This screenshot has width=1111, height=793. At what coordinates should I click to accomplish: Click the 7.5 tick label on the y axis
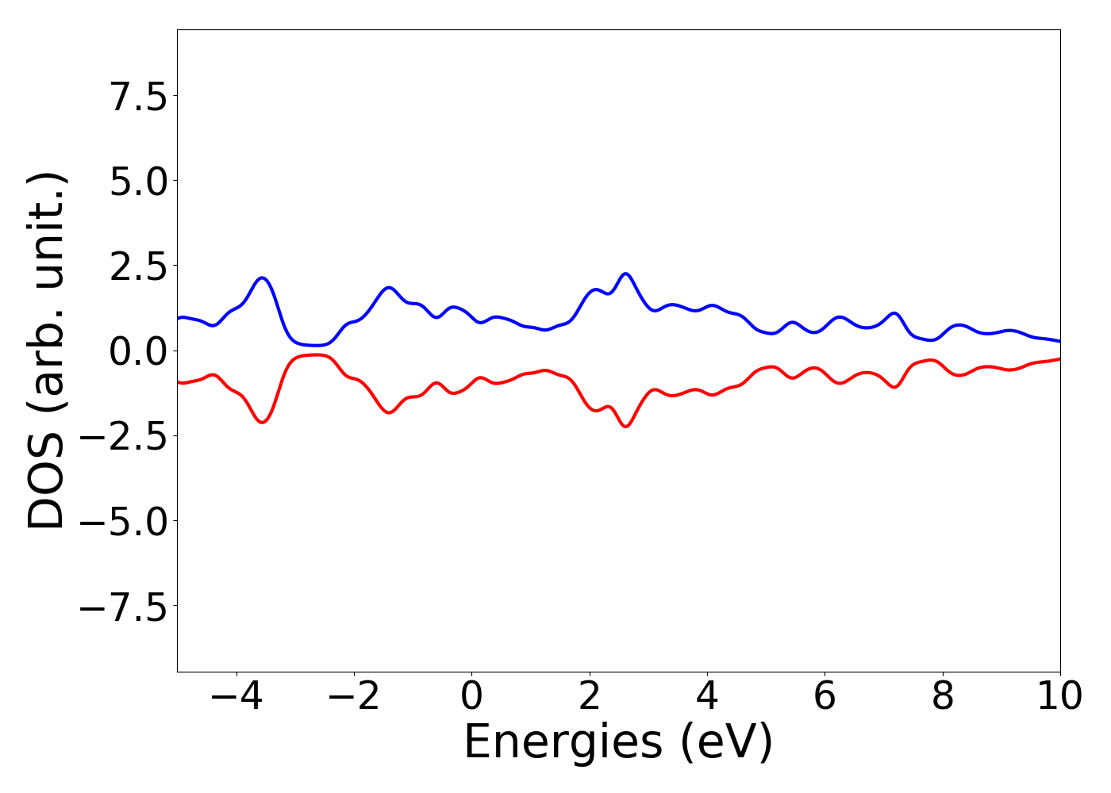coord(139,97)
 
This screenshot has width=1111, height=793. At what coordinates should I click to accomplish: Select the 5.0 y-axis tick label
coord(139,182)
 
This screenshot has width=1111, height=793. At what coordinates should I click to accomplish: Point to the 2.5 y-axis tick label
coord(139,266)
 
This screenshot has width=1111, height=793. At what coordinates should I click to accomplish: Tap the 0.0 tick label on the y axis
coord(139,351)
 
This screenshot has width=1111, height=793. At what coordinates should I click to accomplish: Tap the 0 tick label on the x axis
coord(471,696)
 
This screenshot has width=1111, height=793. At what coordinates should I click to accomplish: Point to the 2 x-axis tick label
coord(590,696)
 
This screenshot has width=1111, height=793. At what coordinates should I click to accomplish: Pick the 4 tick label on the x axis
coord(707,696)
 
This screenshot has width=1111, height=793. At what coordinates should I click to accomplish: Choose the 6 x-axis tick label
coord(825,696)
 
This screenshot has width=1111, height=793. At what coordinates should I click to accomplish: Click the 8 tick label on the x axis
coord(943,696)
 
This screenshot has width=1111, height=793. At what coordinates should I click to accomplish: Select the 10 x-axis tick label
coord(1059,696)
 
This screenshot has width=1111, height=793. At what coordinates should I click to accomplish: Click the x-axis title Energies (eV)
coord(618,742)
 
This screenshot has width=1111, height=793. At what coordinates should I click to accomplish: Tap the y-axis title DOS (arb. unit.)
coord(48,351)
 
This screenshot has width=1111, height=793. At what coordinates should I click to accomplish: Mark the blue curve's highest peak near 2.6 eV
coord(626,274)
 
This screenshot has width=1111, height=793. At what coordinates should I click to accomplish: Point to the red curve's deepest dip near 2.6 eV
coord(626,427)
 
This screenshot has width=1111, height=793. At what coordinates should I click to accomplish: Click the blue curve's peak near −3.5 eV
coord(262,278)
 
